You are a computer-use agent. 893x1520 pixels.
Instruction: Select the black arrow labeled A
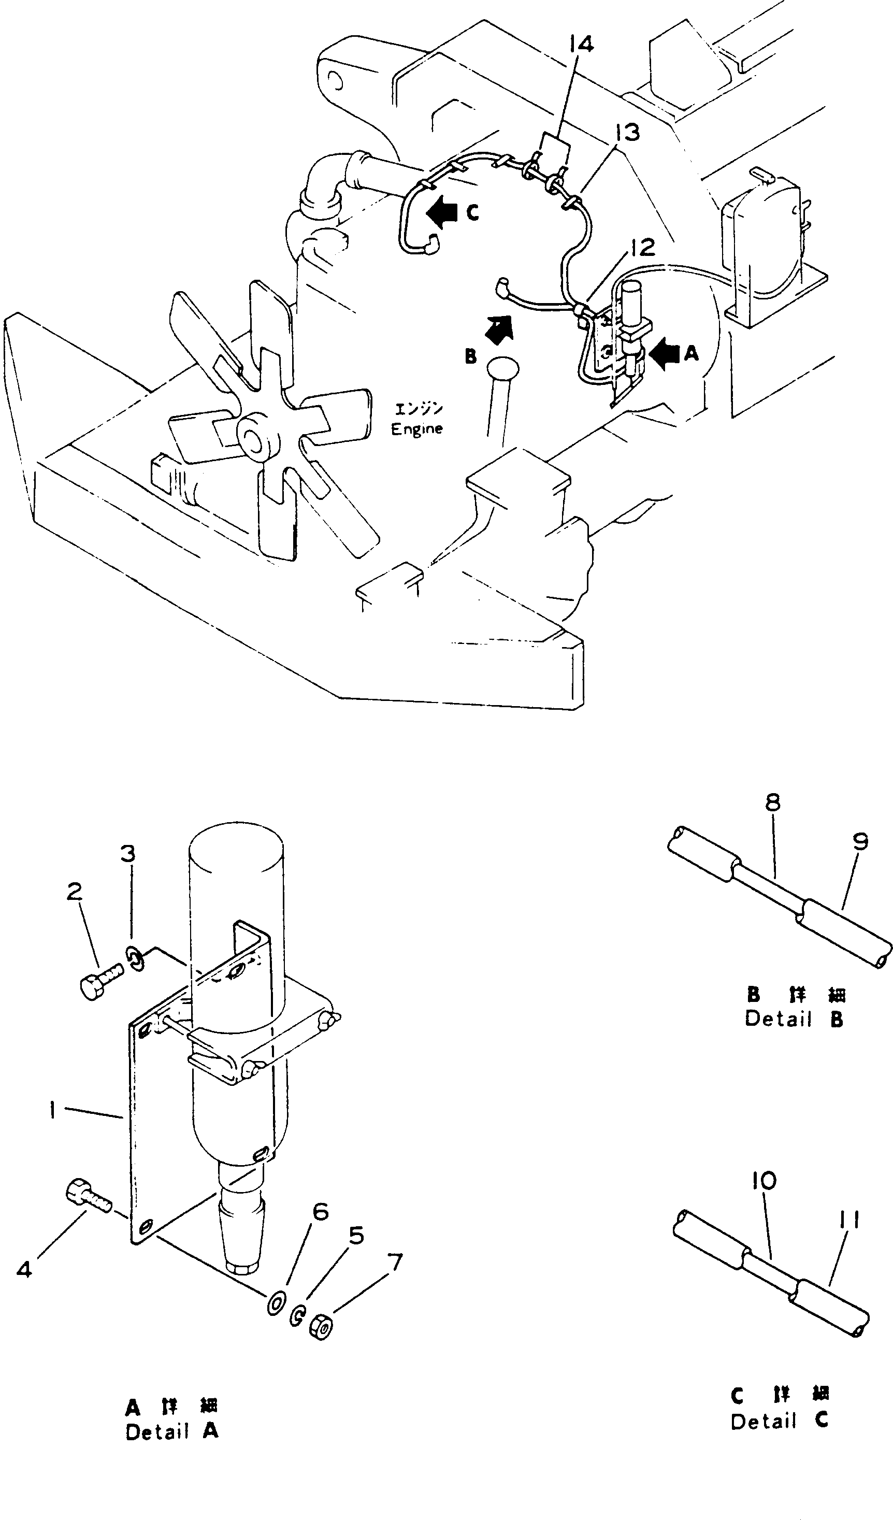pyautogui.click(x=666, y=354)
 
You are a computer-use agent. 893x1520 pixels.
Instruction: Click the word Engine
pyautogui.click(x=416, y=429)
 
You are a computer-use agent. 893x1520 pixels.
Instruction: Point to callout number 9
pyautogui.click(x=860, y=841)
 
